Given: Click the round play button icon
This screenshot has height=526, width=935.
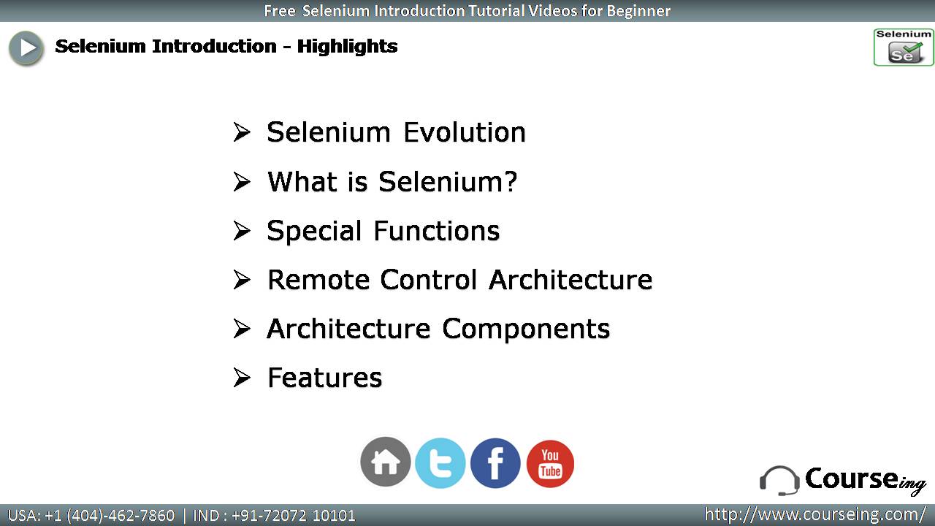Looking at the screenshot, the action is tap(26, 48).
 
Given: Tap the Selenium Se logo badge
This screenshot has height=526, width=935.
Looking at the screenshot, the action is tap(904, 47).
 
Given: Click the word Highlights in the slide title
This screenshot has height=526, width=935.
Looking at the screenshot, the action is tap(347, 46).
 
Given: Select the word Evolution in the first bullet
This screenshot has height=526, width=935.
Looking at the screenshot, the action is tap(464, 132).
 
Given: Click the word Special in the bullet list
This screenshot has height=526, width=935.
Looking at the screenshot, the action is tap(314, 232).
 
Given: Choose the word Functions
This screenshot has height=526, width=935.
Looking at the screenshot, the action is tap(437, 231).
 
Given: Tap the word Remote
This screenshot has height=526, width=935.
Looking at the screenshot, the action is tap(318, 280).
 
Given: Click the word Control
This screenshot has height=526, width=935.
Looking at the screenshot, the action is tap(428, 280).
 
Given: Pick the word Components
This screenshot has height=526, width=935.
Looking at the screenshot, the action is tap(526, 329).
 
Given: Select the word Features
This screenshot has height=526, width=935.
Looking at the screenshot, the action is tap(325, 378).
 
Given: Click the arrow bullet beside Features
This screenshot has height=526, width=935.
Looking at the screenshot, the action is tap(242, 378).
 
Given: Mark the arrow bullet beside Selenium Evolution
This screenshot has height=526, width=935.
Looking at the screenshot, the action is tap(242, 132).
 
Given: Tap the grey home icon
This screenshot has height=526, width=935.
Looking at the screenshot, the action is tap(385, 462).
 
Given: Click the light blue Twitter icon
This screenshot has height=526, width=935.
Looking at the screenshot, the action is tap(440, 463).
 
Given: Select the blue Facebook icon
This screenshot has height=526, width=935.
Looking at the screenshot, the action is tap(495, 463).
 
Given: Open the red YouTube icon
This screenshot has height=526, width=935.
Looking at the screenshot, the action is tap(550, 463).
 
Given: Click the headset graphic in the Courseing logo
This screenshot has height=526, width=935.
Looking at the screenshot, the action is tap(779, 481).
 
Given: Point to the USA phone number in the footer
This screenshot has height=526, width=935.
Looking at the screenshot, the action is tap(91, 516).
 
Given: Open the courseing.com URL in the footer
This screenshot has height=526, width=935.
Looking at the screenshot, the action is tap(815, 514).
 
